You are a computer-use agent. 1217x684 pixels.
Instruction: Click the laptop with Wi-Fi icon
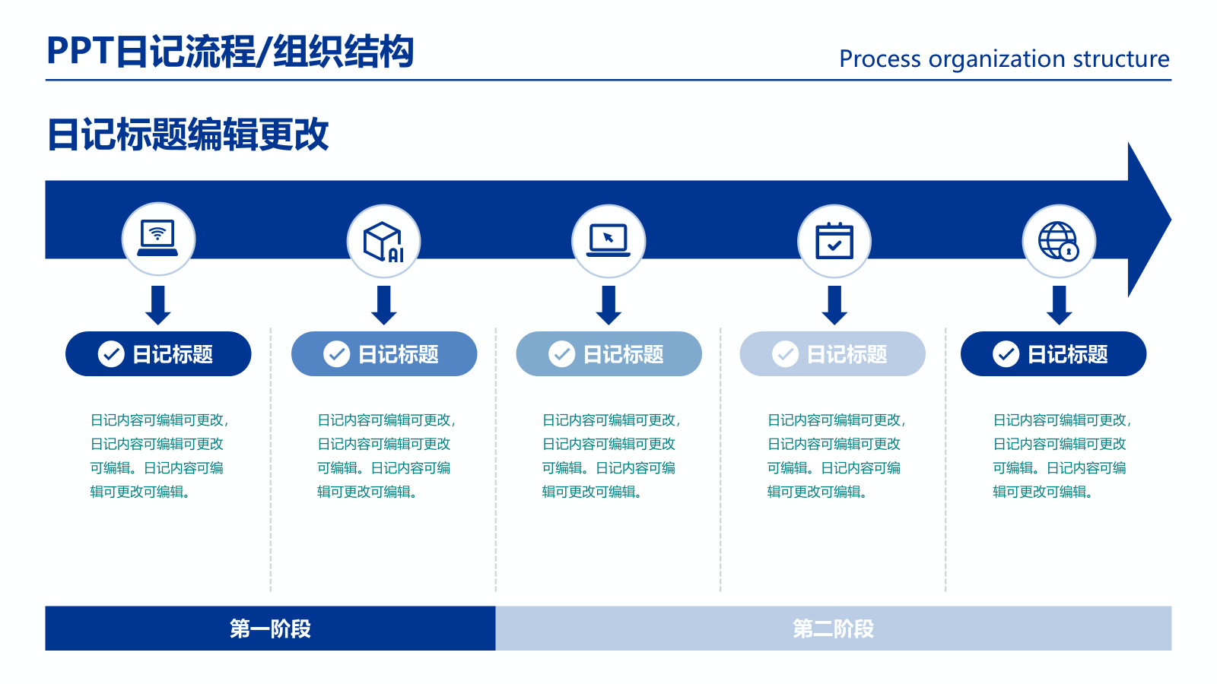(157, 238)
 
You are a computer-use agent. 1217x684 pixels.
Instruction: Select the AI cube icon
(383, 242)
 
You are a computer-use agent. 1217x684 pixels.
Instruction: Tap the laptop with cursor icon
(608, 241)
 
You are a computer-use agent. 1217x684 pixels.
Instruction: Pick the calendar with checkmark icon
(834, 241)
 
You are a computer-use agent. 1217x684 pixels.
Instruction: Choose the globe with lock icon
(1059, 241)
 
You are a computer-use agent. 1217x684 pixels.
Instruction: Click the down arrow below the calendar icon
(834, 305)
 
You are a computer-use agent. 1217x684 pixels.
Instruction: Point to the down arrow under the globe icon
(1059, 305)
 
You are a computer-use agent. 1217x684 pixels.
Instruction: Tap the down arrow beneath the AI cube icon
(383, 305)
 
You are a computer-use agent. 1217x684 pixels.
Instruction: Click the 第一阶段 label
(270, 629)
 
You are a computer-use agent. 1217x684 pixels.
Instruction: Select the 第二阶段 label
(833, 629)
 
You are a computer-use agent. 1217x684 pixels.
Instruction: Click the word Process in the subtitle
(879, 59)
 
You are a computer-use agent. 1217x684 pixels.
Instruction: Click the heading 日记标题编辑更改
(188, 135)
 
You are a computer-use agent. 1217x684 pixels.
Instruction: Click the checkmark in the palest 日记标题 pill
(785, 354)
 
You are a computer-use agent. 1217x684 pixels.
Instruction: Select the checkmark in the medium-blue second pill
(336, 354)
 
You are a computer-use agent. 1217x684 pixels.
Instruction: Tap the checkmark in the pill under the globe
(1006, 354)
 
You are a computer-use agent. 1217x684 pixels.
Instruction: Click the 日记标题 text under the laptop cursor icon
(623, 354)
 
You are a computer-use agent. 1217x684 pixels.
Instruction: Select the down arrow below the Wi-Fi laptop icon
(157, 305)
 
